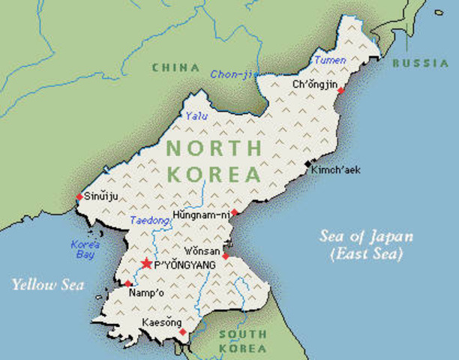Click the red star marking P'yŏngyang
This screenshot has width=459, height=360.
(146, 263)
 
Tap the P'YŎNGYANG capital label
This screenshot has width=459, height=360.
(184, 265)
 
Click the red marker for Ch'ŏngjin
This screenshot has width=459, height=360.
(340, 90)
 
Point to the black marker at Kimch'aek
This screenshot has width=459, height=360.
(307, 163)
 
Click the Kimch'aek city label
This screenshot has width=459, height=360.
(336, 170)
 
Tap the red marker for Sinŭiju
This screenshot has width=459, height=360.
(79, 197)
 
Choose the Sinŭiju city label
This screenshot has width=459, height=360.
(102, 197)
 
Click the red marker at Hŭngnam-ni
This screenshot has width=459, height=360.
(234, 213)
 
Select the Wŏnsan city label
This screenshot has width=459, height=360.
(202, 250)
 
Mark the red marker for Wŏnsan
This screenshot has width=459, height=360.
(225, 256)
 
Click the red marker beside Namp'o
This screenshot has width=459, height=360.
(127, 283)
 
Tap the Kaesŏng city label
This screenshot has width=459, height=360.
(161, 323)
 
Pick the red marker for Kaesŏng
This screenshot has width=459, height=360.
(182, 331)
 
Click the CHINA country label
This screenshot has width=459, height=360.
(175, 67)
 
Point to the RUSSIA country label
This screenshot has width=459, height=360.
(420, 63)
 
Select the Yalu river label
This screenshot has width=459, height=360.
(196, 115)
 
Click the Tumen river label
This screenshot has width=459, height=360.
(330, 60)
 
